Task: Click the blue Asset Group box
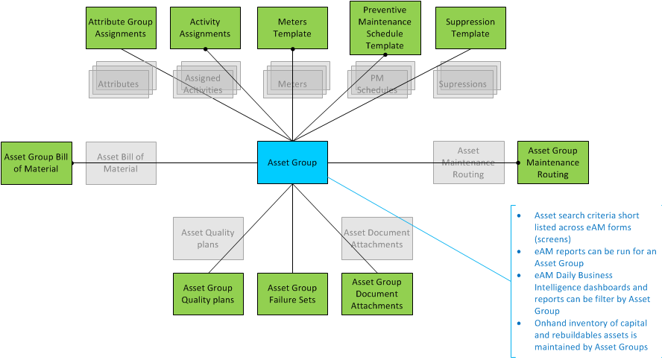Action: (292, 162)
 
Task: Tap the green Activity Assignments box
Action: (205, 28)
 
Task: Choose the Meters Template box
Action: (292, 28)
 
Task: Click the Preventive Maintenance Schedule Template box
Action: (385, 28)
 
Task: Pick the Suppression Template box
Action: (470, 28)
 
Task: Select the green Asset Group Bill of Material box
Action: (36, 162)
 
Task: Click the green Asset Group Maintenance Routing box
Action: (552, 162)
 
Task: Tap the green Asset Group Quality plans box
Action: (207, 294)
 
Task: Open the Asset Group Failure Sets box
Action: (292, 294)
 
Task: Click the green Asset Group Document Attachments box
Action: (377, 294)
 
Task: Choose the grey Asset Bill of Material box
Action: (121, 162)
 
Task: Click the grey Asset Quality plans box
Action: (207, 238)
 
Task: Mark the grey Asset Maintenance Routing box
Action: (468, 162)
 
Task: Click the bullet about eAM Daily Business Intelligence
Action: (593, 293)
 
